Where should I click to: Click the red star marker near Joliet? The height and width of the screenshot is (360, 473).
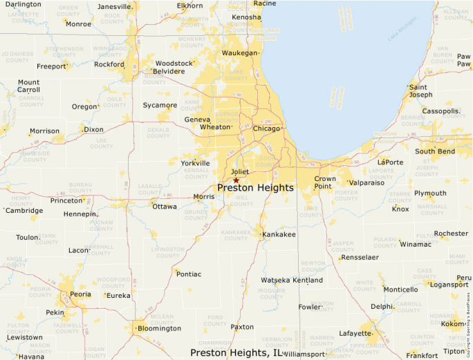[236, 180]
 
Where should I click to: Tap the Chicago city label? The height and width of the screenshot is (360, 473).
[266, 129]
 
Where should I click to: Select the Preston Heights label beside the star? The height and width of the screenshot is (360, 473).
[255, 188]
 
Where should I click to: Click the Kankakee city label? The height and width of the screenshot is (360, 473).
[279, 235]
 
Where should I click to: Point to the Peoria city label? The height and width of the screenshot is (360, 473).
[80, 294]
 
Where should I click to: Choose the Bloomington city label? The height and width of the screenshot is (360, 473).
[158, 328]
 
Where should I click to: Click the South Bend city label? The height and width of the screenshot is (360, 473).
[434, 151]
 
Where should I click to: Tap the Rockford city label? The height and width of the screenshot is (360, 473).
[109, 64]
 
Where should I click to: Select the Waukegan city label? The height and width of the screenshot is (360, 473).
[239, 53]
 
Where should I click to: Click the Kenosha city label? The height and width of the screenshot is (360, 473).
[247, 17]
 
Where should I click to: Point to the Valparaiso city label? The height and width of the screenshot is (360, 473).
[367, 182]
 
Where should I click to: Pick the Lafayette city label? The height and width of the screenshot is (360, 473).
[355, 333]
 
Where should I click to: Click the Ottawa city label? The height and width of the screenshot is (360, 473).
[165, 206]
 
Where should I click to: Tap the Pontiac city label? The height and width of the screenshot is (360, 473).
[189, 274]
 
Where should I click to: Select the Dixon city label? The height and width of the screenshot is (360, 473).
[93, 129]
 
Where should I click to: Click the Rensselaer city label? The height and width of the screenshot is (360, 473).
[360, 257]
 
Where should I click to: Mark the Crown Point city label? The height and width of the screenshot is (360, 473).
[325, 182]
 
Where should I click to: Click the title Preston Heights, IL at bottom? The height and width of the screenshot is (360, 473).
[236, 352]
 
